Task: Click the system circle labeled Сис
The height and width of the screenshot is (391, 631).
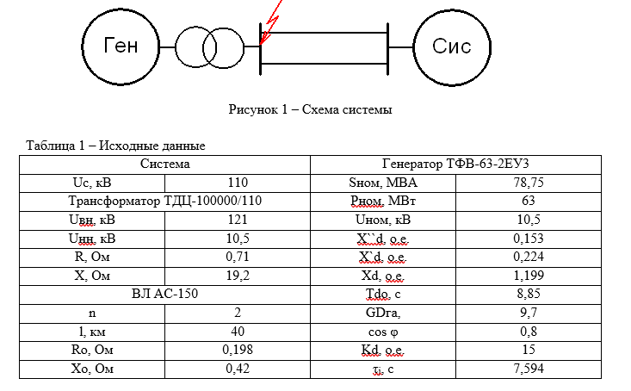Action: [x=452, y=46]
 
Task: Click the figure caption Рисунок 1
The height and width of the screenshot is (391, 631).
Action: [x=310, y=110]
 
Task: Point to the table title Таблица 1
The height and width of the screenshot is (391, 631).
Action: [x=115, y=146]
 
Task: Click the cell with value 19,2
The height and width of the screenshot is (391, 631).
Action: [x=237, y=276]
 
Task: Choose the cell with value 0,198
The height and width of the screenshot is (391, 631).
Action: [x=237, y=350]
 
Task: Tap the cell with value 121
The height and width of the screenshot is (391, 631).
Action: [x=237, y=220]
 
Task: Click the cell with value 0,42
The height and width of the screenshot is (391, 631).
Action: [x=237, y=369]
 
